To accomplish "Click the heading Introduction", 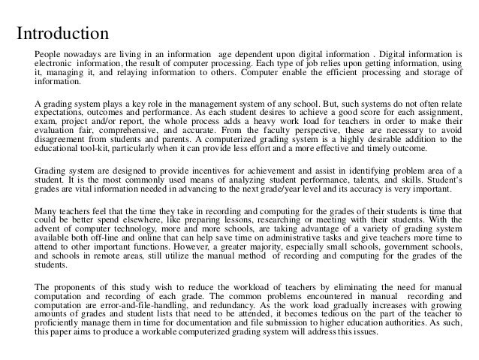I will (x=64, y=34).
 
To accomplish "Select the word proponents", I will (x=77, y=286).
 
